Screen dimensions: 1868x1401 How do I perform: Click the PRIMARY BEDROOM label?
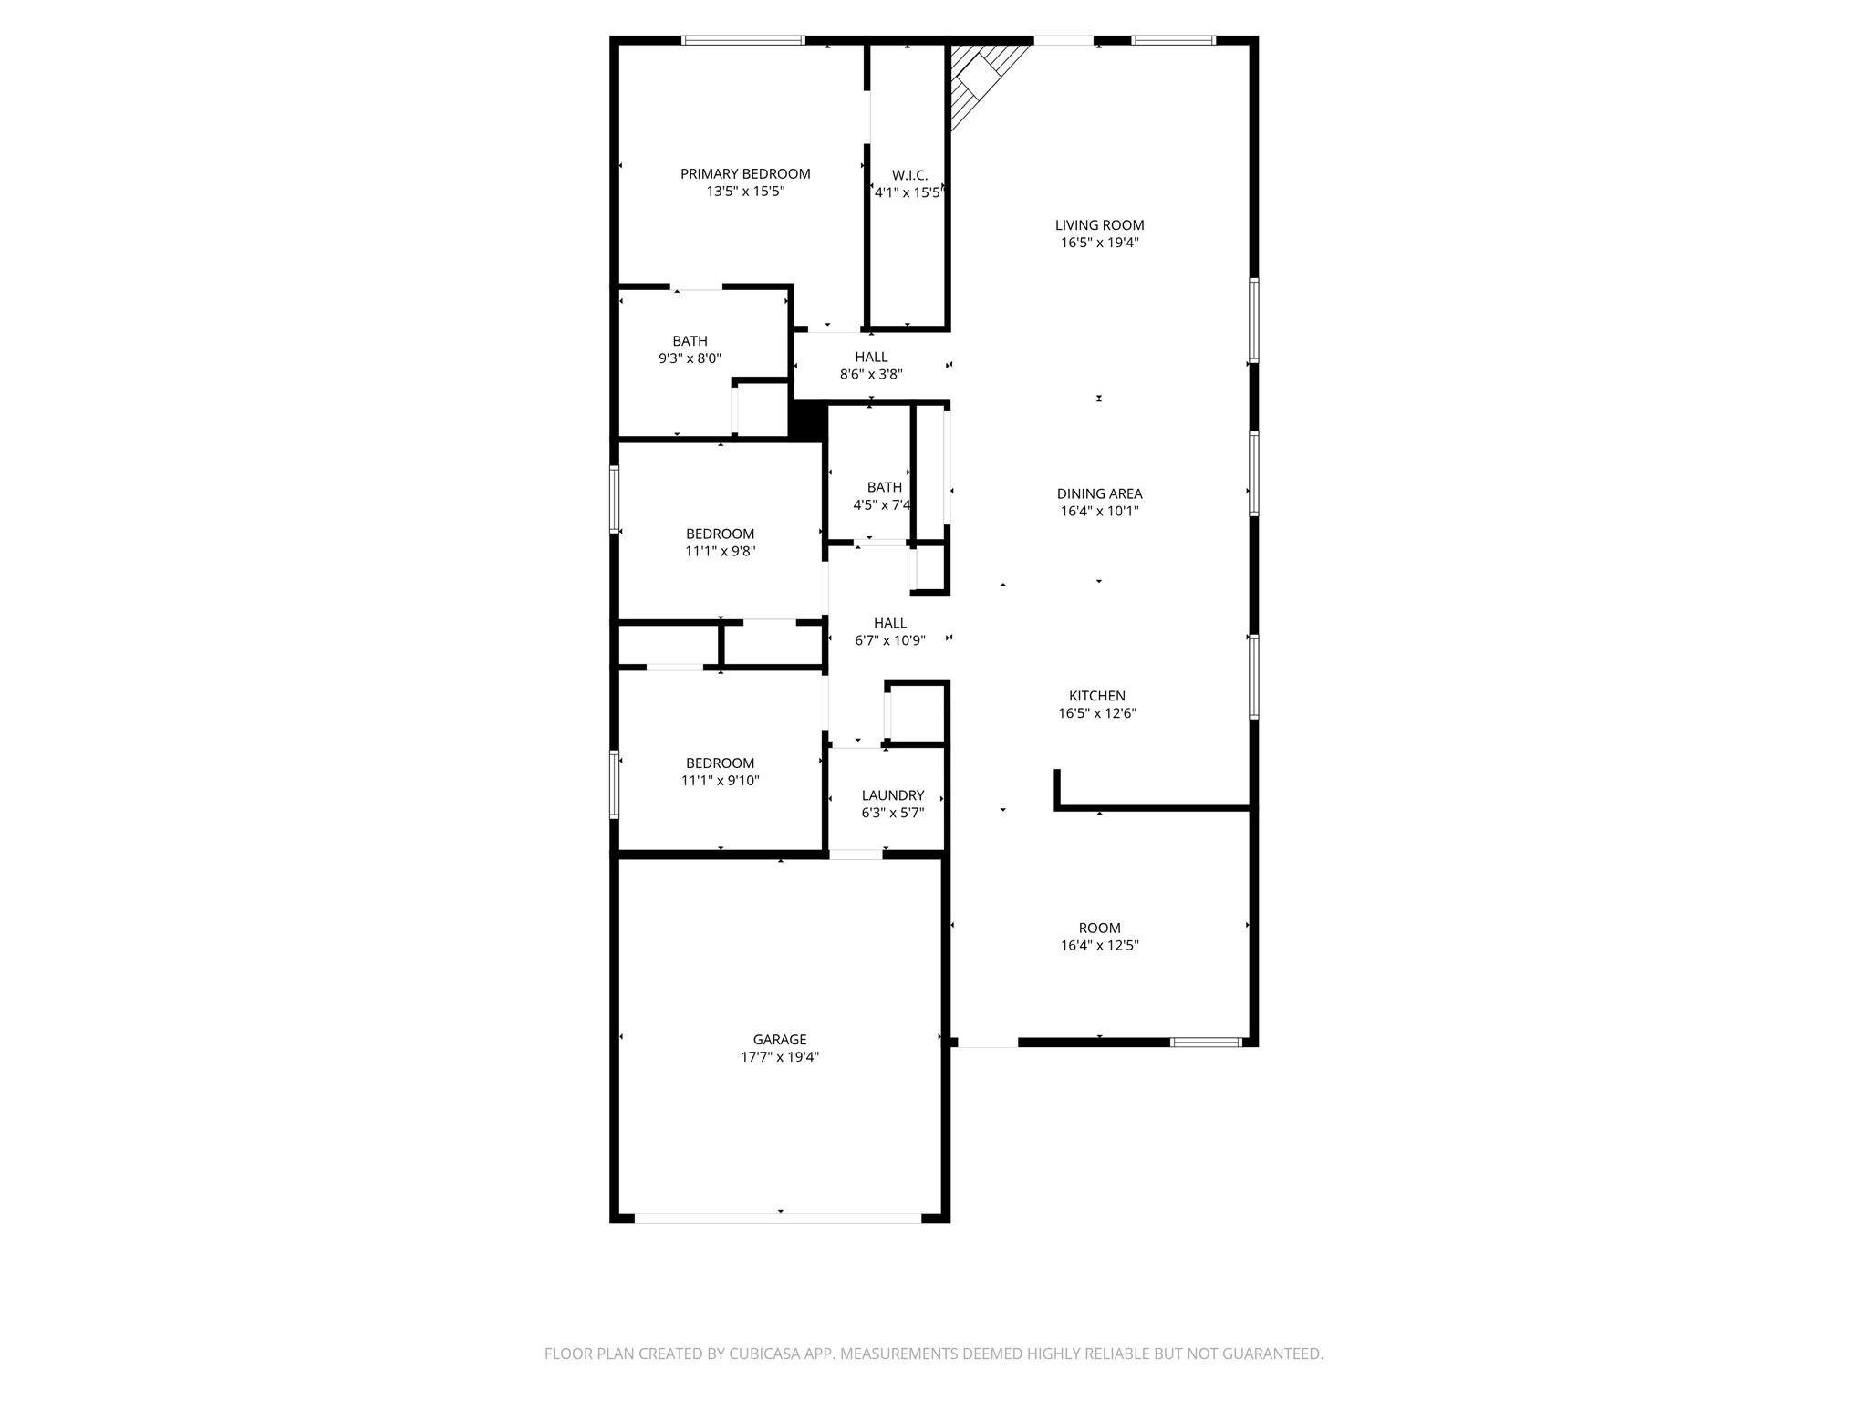745,174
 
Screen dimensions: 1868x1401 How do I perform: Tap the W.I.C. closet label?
909,175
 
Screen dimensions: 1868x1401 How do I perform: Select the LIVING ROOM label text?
1099,225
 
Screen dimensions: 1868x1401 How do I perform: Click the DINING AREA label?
1099,494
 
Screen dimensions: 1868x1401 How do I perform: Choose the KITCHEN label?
1097,696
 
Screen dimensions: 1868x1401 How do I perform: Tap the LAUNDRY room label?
893,795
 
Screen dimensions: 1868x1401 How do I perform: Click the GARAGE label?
780,1040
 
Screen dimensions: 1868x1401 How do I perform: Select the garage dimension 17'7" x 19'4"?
780,1057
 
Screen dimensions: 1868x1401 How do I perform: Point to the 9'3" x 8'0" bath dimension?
690,358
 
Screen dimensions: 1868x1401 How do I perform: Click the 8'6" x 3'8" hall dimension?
871,374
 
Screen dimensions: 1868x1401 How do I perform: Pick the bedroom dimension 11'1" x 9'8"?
721,551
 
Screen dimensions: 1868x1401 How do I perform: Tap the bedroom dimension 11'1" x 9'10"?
721,781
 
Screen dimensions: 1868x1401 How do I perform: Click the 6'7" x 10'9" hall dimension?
890,640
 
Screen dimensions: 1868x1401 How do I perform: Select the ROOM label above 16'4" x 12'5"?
1099,929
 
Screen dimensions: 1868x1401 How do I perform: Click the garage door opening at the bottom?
778,1218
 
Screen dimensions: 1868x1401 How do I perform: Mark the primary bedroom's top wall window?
743,40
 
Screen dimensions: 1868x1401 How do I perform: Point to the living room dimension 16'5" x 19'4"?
1099,243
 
